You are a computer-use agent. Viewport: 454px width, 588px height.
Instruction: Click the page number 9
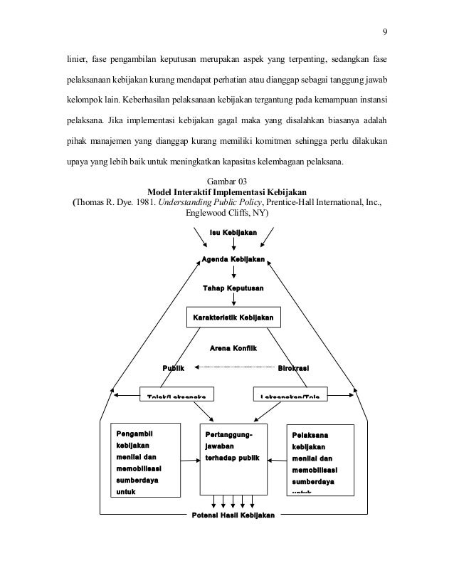click(x=385, y=31)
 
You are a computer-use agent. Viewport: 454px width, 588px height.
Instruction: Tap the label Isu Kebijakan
click(x=233, y=233)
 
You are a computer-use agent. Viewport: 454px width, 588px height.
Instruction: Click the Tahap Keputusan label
click(x=233, y=288)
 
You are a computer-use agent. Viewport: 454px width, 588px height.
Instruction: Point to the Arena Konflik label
click(x=233, y=347)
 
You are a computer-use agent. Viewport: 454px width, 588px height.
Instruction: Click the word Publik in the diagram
click(x=174, y=368)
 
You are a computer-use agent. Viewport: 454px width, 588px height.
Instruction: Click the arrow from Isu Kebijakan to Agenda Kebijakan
click(x=233, y=245)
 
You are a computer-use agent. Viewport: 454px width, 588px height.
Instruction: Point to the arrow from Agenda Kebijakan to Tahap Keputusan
click(x=233, y=273)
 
